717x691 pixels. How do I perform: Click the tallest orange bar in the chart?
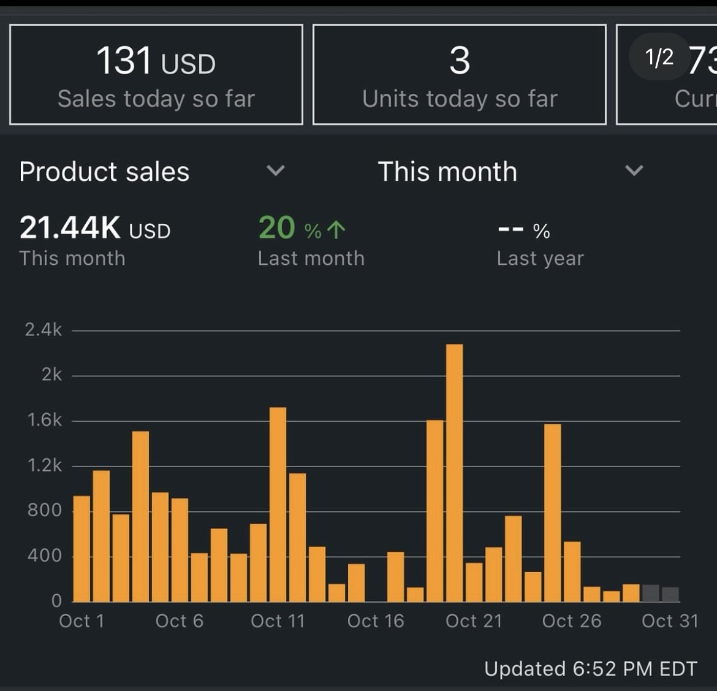click(x=454, y=472)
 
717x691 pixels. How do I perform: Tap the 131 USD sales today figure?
click(x=156, y=61)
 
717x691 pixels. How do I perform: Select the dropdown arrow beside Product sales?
click(x=276, y=170)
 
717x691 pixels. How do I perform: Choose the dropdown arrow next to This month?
click(x=634, y=170)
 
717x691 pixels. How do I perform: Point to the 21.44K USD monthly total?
click(x=95, y=228)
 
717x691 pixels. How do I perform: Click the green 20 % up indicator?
click(x=302, y=229)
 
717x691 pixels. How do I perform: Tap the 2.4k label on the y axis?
click(x=43, y=330)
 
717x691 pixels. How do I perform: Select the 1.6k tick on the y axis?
click(x=44, y=420)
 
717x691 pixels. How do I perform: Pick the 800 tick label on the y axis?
click(x=44, y=510)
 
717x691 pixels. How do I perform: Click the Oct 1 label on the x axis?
click(x=82, y=621)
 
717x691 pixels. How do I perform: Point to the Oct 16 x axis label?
click(x=376, y=621)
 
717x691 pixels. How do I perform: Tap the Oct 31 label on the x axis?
click(x=670, y=621)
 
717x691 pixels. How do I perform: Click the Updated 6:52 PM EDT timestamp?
click(x=590, y=668)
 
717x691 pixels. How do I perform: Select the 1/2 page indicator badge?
click(x=659, y=57)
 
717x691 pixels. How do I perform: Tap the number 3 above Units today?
click(x=460, y=61)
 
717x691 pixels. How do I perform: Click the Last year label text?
click(x=540, y=259)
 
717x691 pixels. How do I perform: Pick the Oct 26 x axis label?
click(x=572, y=621)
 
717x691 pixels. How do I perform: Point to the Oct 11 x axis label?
click(x=278, y=621)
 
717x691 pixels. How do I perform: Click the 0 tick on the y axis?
click(x=56, y=601)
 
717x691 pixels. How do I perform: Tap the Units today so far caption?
click(x=460, y=99)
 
